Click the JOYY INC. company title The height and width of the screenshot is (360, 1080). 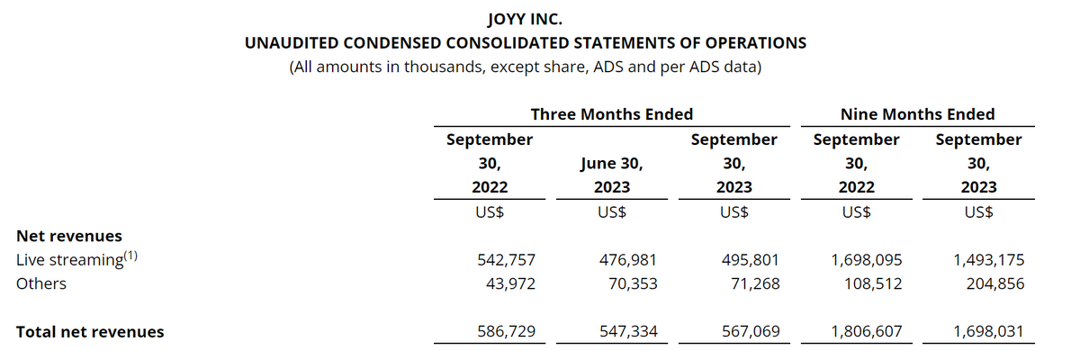click(526, 18)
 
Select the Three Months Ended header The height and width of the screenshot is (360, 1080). click(612, 114)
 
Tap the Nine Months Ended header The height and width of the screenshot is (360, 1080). click(917, 114)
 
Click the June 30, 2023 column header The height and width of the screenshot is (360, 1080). click(612, 175)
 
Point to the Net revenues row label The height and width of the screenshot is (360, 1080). click(69, 236)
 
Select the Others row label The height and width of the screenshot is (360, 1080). click(41, 283)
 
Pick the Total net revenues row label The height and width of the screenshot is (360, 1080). click(90, 331)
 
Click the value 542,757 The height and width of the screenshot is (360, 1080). click(506, 260)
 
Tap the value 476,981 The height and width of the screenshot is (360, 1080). click(628, 260)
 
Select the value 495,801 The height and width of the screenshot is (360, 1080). click(750, 260)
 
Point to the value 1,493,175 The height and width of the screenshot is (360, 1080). click(988, 260)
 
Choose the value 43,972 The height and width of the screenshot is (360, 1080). click(510, 283)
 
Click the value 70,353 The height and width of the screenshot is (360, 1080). click(633, 283)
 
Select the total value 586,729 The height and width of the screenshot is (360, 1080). click(506, 331)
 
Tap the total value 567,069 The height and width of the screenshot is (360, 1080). click(750, 331)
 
